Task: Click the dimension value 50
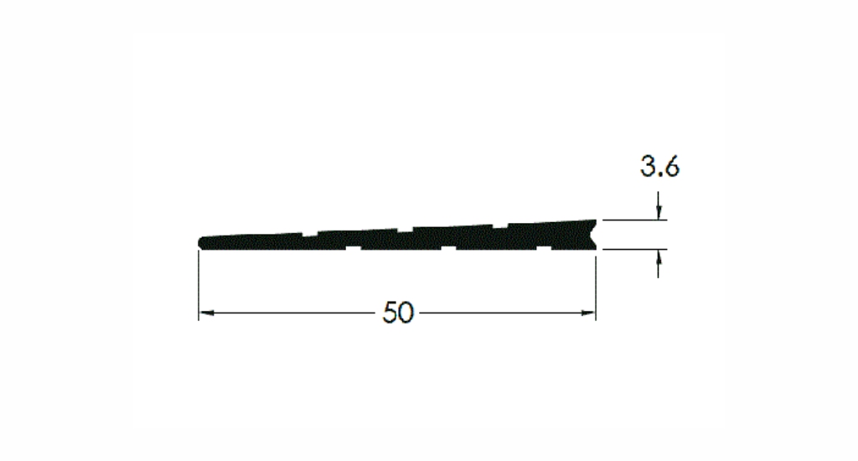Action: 398,313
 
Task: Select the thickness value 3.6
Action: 660,167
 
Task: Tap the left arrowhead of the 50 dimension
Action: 206,313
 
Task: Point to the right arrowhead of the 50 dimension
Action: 588,313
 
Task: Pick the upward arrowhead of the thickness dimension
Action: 659,256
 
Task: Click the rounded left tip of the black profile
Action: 201,242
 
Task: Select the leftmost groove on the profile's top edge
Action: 309,234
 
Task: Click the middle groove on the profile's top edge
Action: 405,230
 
